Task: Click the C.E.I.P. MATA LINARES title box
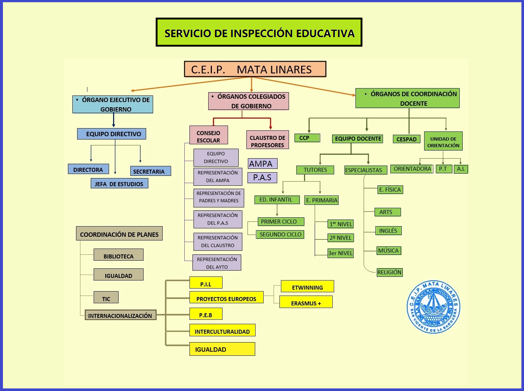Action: click(x=255, y=69)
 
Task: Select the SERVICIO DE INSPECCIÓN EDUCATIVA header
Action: click(x=259, y=33)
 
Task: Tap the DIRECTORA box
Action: click(x=88, y=169)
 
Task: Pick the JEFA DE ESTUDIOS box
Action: click(x=119, y=184)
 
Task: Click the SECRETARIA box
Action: click(x=151, y=171)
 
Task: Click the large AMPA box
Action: click(x=263, y=164)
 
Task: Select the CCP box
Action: click(x=307, y=138)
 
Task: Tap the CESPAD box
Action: click(x=406, y=139)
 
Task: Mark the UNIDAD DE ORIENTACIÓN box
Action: click(x=443, y=142)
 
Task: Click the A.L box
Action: click(x=461, y=169)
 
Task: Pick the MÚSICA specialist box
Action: click(x=389, y=251)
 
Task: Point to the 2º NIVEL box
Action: click(x=341, y=238)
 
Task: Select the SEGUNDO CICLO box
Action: click(x=280, y=234)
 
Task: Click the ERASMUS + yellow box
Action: click(x=306, y=303)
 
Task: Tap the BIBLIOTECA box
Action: click(x=118, y=255)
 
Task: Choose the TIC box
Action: click(x=106, y=298)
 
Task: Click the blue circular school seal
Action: click(x=433, y=307)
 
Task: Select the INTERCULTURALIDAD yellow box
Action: click(x=222, y=330)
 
